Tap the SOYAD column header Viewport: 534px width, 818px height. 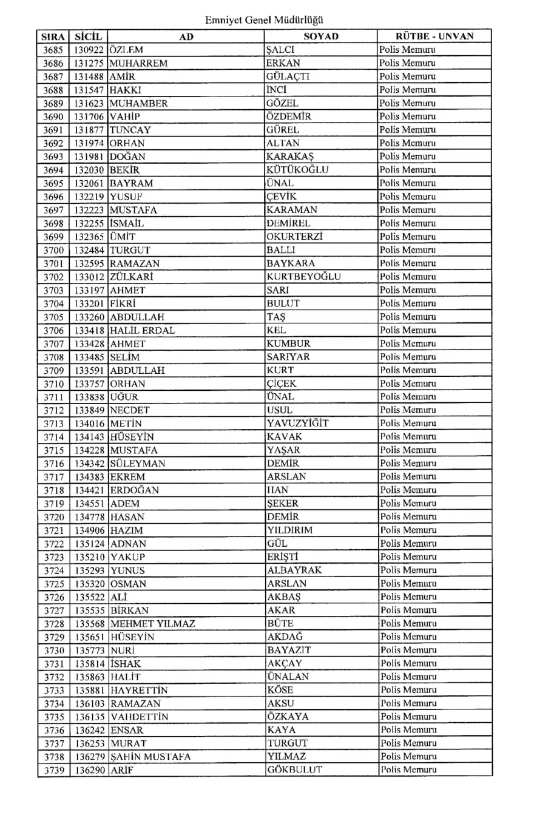320,36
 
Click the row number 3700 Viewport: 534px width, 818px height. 54,250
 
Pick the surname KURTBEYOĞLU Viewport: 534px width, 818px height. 303,277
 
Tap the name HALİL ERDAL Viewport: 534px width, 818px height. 143,330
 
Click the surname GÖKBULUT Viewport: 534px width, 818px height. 294,770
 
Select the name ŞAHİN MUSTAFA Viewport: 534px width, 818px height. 150,757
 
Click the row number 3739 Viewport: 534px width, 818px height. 54,770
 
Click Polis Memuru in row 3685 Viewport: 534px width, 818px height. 407,50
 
